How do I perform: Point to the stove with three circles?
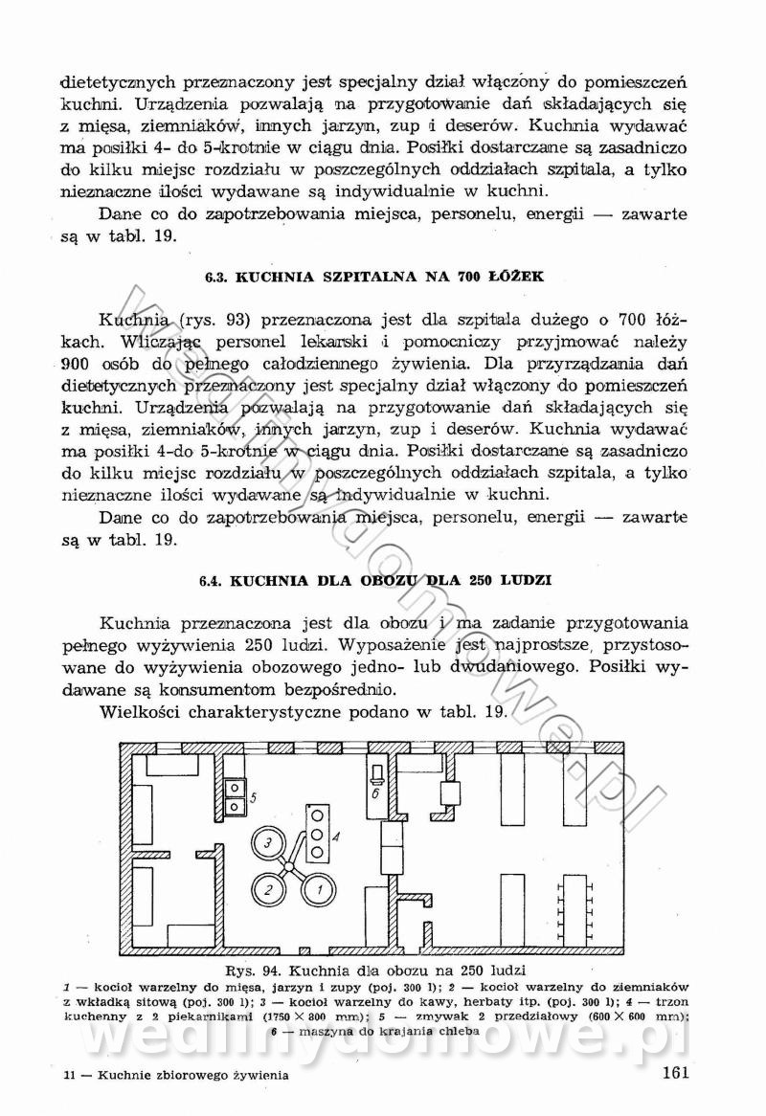pyautogui.click(x=316, y=833)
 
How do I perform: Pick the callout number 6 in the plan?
pyautogui.click(x=376, y=793)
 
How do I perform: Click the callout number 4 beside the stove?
pyautogui.click(x=335, y=836)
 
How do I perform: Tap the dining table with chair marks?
pyautogui.click(x=574, y=904)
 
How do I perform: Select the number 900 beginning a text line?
pyautogui.click(x=76, y=364)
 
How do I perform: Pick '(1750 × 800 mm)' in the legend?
pyautogui.click(x=275, y=1016)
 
